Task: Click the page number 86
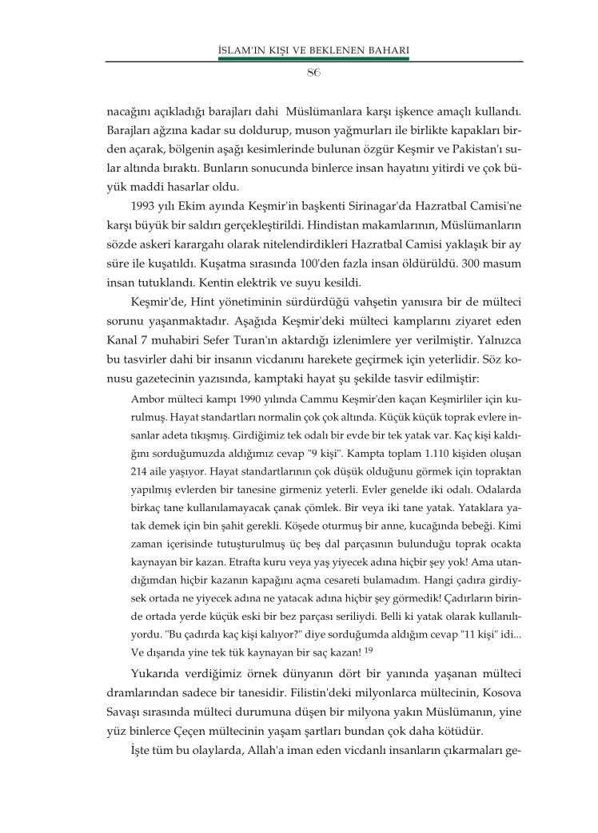pos(313,73)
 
